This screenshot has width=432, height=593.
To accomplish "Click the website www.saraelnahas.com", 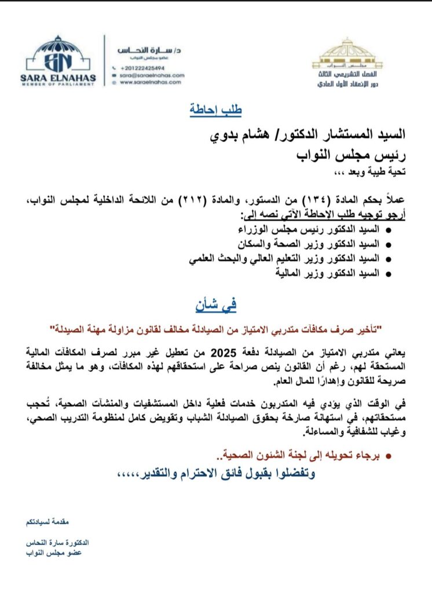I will (150, 83).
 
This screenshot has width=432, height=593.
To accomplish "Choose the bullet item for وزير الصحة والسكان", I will (310, 244).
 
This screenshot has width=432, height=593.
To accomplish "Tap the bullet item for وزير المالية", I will (327, 273).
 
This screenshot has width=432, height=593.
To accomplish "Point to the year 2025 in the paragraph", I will (224, 352).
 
